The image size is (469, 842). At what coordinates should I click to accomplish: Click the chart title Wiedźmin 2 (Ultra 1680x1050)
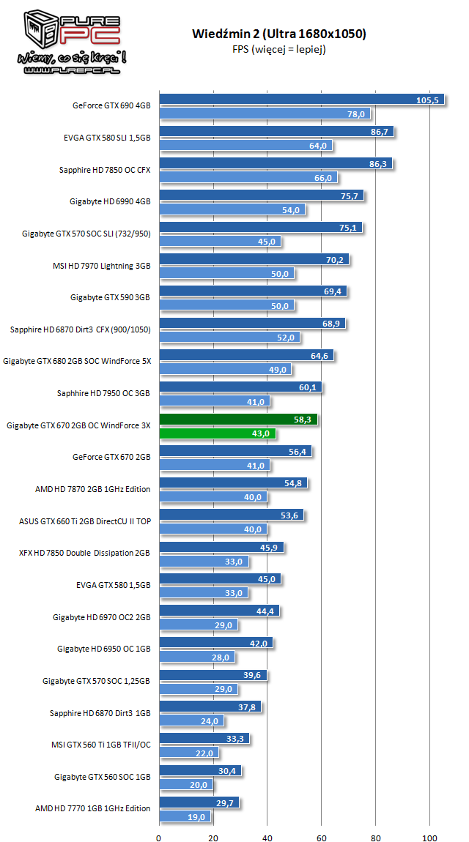[x=279, y=34]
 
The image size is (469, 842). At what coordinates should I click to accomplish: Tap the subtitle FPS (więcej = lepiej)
[x=279, y=50]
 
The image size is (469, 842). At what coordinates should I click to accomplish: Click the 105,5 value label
[x=426, y=100]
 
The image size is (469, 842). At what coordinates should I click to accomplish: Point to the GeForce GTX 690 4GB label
[x=111, y=106]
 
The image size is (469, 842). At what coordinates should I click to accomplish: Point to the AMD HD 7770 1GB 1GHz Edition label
[x=93, y=808]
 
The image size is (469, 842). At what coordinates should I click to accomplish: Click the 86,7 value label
[x=380, y=133]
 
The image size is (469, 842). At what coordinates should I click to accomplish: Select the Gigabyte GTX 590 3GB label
[x=111, y=297]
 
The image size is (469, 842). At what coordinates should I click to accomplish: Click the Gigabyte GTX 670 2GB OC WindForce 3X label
[x=78, y=425]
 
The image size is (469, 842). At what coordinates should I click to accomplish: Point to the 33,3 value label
[x=237, y=739]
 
